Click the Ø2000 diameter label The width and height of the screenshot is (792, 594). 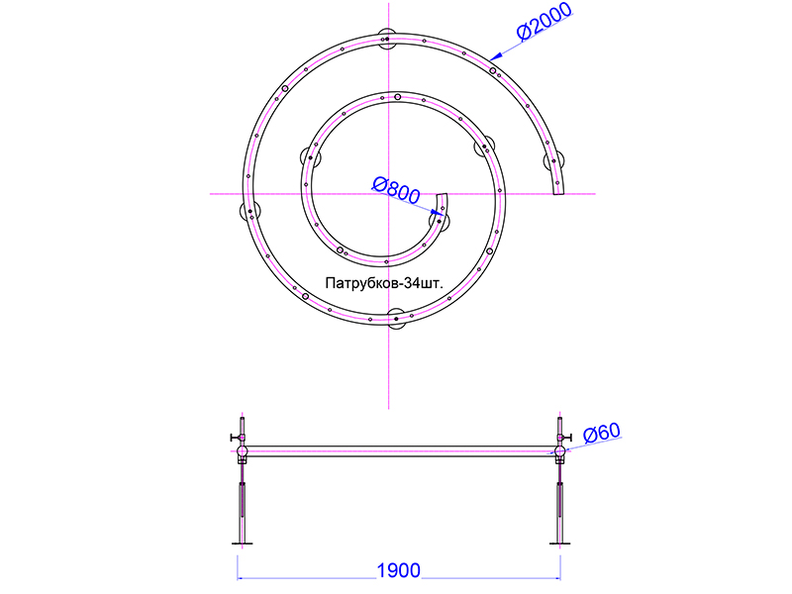click(x=544, y=20)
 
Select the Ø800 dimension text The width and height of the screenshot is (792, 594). click(x=396, y=190)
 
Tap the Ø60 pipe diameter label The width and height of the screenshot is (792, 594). click(x=602, y=433)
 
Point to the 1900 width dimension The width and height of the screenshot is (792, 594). click(x=399, y=570)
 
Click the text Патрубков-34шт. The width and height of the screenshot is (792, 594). click(x=384, y=283)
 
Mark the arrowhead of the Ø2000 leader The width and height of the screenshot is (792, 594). click(x=496, y=56)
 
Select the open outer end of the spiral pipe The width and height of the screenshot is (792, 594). click(x=558, y=193)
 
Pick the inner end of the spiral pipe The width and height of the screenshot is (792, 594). click(x=442, y=194)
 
